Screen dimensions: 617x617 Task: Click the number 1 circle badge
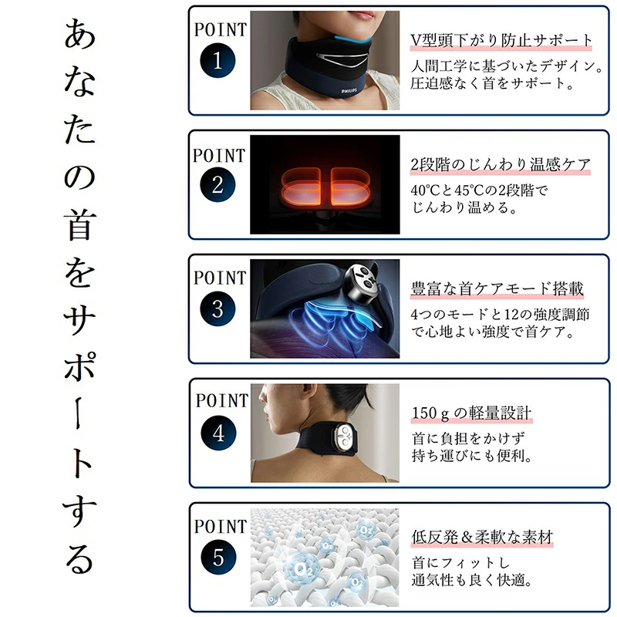217,60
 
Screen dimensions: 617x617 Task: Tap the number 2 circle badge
217,184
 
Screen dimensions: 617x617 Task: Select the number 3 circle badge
217,308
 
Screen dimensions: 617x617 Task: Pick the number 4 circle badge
218,433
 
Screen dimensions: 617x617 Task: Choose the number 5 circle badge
218,557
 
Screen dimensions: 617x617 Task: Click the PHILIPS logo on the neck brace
349,91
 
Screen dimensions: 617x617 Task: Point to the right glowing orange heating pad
351,187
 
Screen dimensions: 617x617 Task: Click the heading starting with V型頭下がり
501,40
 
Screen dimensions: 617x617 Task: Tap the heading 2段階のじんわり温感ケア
501,164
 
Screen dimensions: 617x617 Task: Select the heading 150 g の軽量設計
471,413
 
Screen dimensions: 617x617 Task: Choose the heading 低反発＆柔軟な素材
482,537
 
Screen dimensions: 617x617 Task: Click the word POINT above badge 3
220,278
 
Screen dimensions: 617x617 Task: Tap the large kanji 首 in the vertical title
79,224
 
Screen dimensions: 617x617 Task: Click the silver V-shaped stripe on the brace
341,59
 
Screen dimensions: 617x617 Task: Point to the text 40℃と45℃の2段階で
479,190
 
